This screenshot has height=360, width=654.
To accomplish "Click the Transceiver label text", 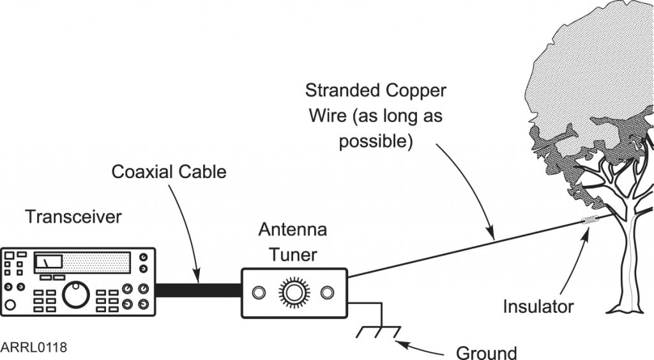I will click(x=73, y=217).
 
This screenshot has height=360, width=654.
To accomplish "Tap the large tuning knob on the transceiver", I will click(x=76, y=294).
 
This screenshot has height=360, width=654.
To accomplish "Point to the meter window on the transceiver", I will click(x=48, y=262).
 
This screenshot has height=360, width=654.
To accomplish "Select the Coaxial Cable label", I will click(x=169, y=172).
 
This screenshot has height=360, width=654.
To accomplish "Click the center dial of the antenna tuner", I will click(x=293, y=292).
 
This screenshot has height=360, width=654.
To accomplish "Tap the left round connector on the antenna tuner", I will click(x=258, y=292).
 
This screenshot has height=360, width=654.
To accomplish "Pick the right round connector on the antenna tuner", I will click(x=328, y=292).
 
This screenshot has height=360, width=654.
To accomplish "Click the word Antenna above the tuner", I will click(x=293, y=230).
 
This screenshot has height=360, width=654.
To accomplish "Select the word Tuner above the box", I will click(x=293, y=255).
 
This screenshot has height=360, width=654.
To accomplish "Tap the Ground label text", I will click(x=486, y=352).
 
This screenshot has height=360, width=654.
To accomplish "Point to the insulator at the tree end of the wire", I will click(x=589, y=221).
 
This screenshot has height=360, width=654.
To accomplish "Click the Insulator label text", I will click(x=538, y=307).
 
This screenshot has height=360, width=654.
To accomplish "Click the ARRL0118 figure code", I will click(x=33, y=348).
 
